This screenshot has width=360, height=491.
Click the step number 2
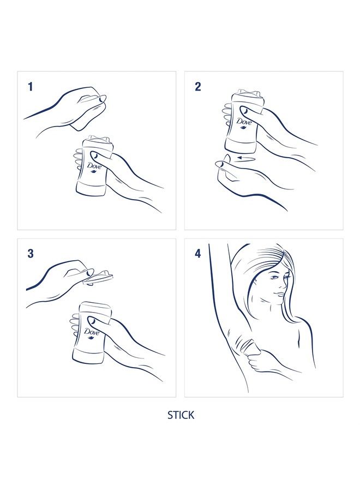(198, 86)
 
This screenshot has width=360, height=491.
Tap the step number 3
(31, 253)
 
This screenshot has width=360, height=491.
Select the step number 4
(198, 254)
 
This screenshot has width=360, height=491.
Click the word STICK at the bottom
(181, 415)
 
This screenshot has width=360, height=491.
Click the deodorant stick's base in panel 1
(91, 188)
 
